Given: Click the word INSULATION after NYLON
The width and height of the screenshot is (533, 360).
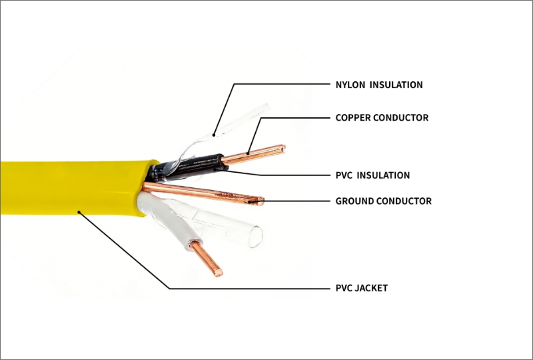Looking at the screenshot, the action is [396, 85].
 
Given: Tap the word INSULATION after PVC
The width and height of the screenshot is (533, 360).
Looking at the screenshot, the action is [383, 175].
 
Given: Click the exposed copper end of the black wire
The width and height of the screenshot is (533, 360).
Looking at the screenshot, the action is [253, 154].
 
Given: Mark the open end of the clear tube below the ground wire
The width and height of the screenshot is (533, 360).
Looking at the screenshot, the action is [256, 237].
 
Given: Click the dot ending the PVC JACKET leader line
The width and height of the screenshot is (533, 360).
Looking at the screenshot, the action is [79, 212].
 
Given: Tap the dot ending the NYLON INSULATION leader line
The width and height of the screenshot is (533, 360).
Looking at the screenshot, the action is [214, 135].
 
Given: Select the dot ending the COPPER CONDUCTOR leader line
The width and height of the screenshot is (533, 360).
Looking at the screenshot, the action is [248, 153].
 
